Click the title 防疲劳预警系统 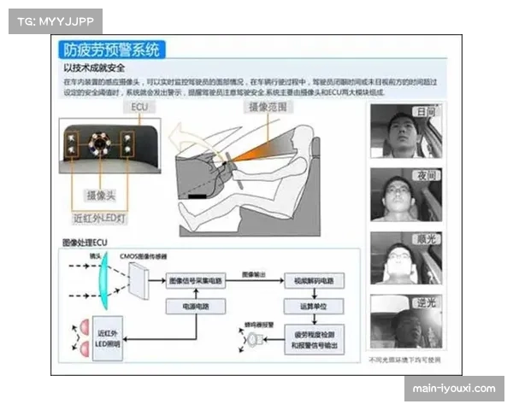tap(111, 50)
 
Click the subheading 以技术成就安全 tap(96, 67)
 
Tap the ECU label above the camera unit tap(139, 108)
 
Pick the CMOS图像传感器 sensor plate tap(138, 275)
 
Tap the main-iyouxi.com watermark tap(453, 389)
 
